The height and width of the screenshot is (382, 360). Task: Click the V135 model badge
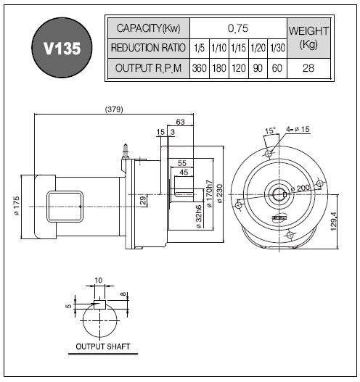(x=62, y=48)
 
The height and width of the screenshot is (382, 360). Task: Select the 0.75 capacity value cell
(x=238, y=28)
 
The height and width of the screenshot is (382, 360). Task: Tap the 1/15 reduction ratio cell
(x=239, y=48)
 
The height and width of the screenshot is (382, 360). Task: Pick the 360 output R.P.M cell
(x=200, y=68)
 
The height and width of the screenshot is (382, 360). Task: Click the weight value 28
(x=308, y=68)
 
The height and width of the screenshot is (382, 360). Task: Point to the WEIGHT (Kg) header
(x=308, y=38)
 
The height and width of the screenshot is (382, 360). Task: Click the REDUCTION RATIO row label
(x=148, y=48)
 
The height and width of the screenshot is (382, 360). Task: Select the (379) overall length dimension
(x=114, y=109)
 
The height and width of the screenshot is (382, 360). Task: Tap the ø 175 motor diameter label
(x=17, y=206)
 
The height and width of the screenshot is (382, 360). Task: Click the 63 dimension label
(x=180, y=122)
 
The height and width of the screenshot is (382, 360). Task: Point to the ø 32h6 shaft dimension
(x=199, y=217)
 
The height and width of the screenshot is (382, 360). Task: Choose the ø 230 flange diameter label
(x=219, y=194)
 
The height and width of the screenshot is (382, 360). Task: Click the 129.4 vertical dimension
(x=333, y=222)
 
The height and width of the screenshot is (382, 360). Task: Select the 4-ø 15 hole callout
(x=298, y=129)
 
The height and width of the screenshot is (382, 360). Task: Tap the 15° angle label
(x=270, y=130)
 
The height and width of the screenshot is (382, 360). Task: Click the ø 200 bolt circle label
(x=300, y=188)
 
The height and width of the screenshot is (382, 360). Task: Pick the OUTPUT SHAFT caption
(x=102, y=346)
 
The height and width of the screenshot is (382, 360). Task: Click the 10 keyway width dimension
(x=98, y=281)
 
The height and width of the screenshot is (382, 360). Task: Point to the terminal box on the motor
(x=65, y=207)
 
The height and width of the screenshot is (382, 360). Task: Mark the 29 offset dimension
(x=144, y=200)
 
